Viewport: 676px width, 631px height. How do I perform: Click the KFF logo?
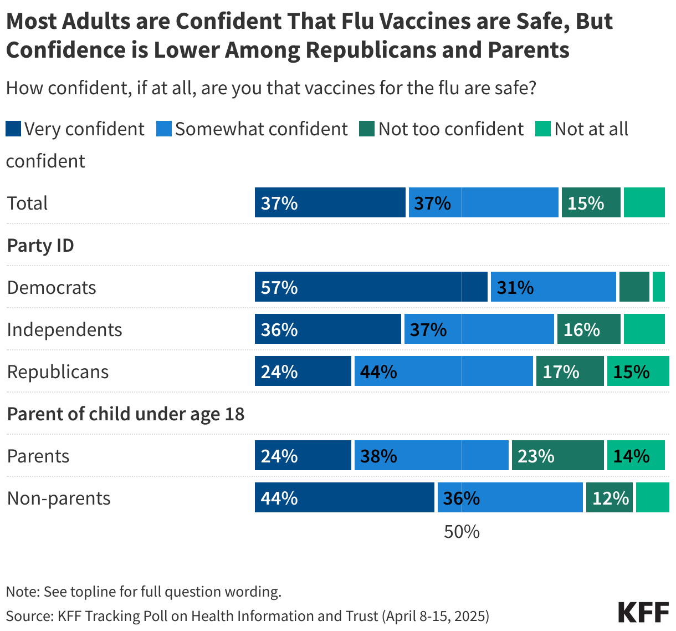(643, 612)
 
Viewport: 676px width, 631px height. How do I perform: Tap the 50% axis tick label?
(462, 532)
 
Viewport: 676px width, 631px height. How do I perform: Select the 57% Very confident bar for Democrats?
(371, 287)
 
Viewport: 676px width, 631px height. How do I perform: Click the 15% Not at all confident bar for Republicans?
(638, 371)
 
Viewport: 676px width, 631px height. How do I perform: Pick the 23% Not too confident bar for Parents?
(557, 455)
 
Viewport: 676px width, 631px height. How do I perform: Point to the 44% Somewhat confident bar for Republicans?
(443, 371)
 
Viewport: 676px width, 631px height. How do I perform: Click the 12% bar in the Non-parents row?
(609, 497)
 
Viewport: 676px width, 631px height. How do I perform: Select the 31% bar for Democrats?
(553, 287)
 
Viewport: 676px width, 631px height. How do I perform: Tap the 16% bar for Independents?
(588, 329)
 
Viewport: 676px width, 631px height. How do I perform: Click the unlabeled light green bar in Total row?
(644, 202)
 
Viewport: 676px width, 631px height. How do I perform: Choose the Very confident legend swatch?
(13, 129)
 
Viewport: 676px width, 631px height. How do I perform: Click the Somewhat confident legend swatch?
(164, 129)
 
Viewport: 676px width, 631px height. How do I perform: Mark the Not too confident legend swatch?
(367, 129)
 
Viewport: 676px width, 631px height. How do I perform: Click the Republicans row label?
(58, 372)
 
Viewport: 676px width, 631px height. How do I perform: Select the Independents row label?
(64, 329)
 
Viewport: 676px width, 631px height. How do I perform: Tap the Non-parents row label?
(59, 498)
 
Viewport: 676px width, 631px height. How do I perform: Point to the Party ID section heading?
(40, 245)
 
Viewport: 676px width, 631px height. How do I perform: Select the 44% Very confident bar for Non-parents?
(344, 497)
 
